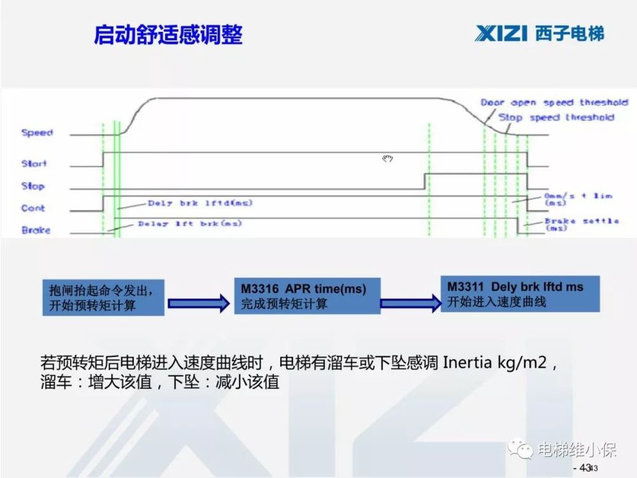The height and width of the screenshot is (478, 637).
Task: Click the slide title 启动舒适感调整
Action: [x=168, y=34]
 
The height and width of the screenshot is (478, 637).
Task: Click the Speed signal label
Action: [x=37, y=133]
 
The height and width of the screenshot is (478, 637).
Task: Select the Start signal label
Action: [x=34, y=164]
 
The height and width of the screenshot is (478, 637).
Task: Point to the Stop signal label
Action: [x=33, y=186]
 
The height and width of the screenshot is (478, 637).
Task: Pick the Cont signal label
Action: [x=33, y=208]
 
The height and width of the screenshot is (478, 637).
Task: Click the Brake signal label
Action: [x=36, y=230]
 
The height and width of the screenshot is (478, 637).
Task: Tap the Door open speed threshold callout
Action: [x=554, y=103]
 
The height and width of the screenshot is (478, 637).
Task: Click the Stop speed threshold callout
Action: [x=556, y=117]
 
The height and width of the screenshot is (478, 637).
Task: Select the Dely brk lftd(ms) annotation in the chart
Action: [x=199, y=203]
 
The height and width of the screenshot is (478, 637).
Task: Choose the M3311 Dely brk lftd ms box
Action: [x=519, y=294]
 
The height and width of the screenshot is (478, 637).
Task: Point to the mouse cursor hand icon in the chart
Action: [x=387, y=158]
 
